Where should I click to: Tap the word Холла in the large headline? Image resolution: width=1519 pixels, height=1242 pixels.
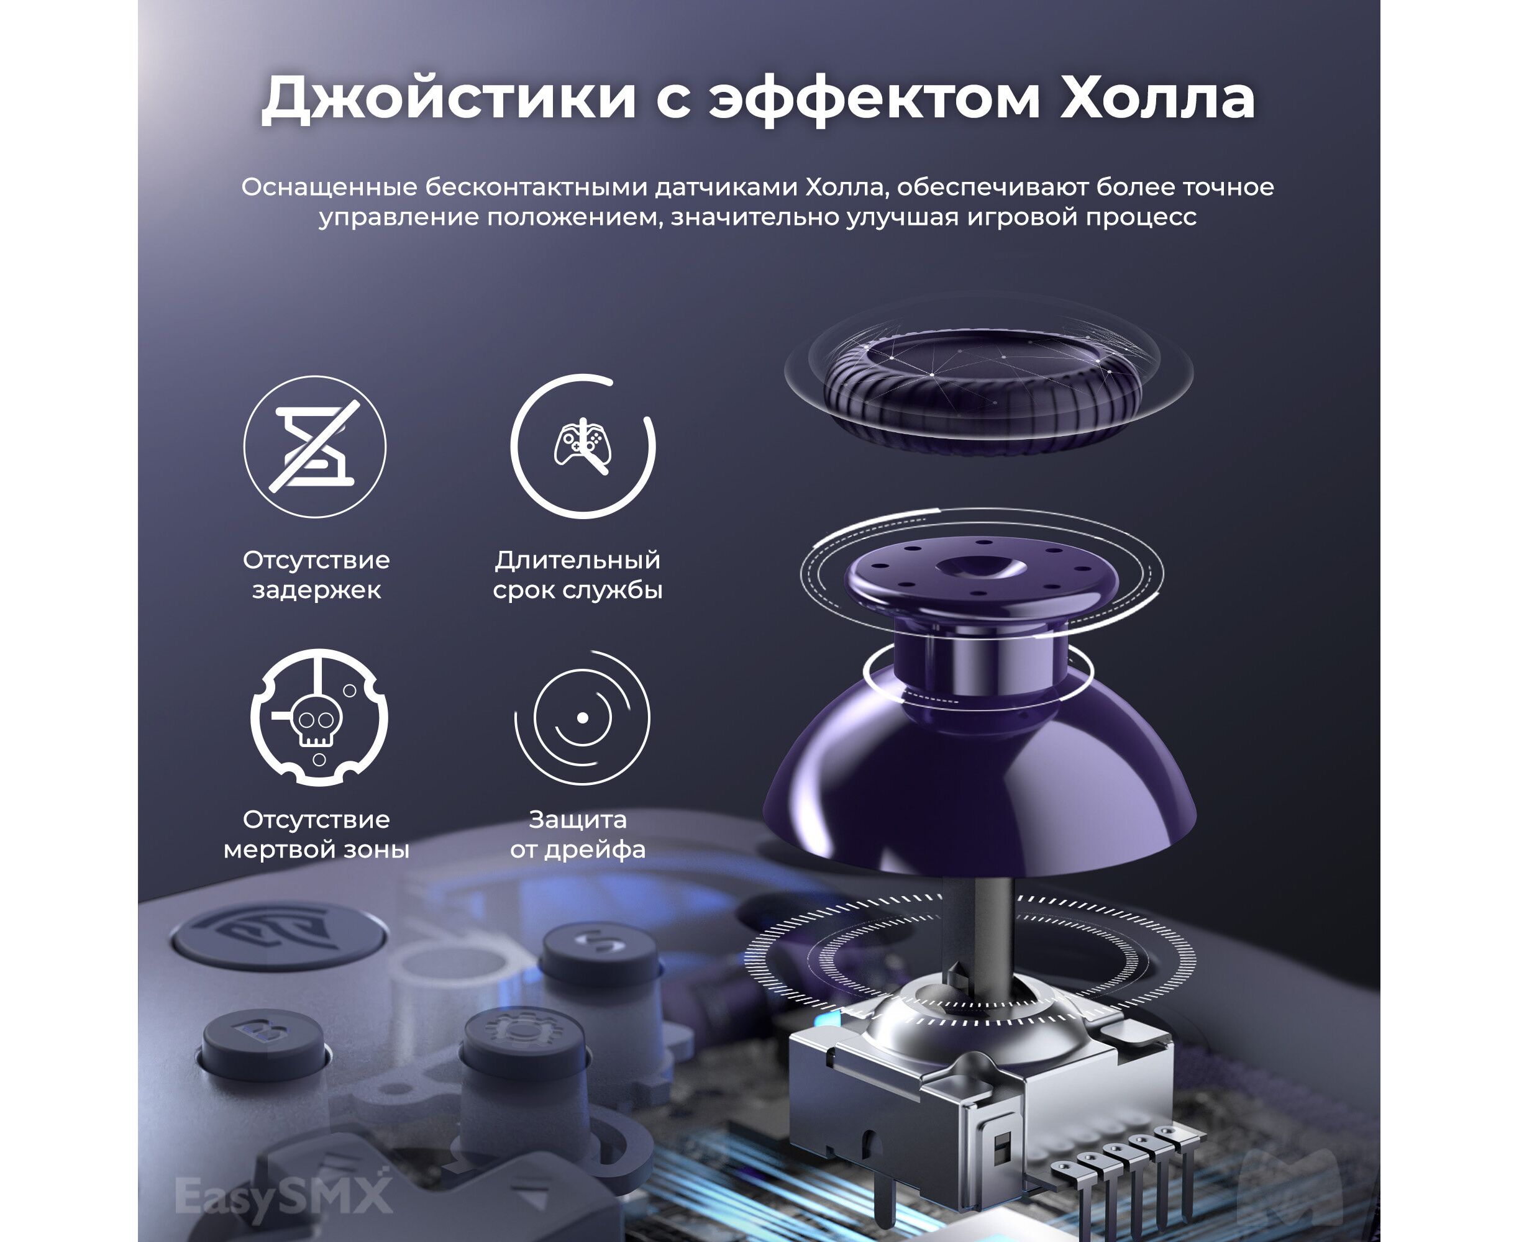tap(1157, 97)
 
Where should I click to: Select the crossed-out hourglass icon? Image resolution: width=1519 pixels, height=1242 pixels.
tap(314, 446)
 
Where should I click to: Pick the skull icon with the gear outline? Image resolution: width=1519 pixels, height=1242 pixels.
tap(319, 718)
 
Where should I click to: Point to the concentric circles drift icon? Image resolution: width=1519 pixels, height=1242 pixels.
tap(583, 718)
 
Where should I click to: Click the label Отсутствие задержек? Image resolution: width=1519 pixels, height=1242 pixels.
tap(316, 574)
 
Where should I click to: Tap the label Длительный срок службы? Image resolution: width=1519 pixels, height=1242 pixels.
tap(578, 574)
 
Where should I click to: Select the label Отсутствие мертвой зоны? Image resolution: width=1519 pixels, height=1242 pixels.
tap(316, 834)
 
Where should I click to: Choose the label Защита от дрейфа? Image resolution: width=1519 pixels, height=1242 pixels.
tap(578, 834)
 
